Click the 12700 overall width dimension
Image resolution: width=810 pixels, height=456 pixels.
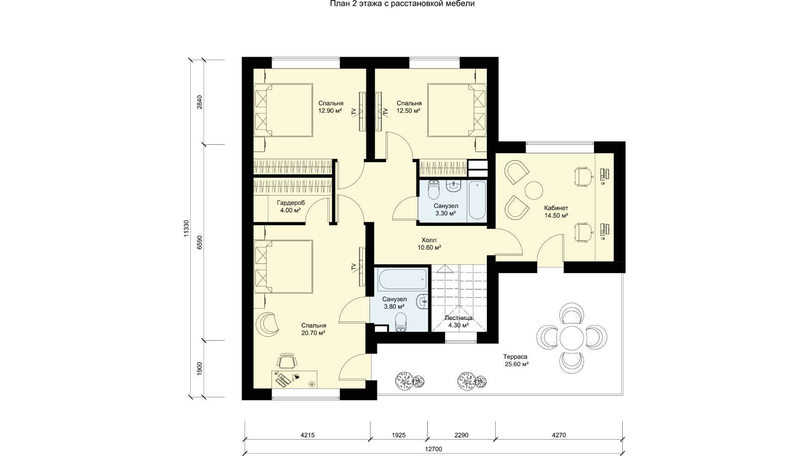pos(434,449)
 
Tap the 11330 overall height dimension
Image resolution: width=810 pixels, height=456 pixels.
pos(186,228)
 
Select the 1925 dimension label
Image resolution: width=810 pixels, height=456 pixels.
pos(399,435)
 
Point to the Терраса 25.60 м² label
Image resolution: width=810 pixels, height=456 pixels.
pos(516,360)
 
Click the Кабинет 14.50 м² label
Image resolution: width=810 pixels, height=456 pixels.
pos(556,212)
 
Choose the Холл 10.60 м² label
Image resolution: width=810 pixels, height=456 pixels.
pos(429,244)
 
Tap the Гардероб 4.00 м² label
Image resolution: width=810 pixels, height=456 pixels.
pos(290,206)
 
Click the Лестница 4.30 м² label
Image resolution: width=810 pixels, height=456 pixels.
pos(459,321)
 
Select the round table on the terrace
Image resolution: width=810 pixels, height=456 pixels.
pos(572,337)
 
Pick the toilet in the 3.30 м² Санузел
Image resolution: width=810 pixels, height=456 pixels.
pos(434,190)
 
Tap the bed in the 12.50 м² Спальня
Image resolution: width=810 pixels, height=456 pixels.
pos(457,110)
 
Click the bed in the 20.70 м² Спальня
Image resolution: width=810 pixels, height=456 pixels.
pos(283,266)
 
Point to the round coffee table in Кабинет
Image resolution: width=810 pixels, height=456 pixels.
pos(533,190)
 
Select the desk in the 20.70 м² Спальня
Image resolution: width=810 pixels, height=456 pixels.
pos(294,379)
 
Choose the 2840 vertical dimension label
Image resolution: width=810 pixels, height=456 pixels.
pos(200,102)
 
